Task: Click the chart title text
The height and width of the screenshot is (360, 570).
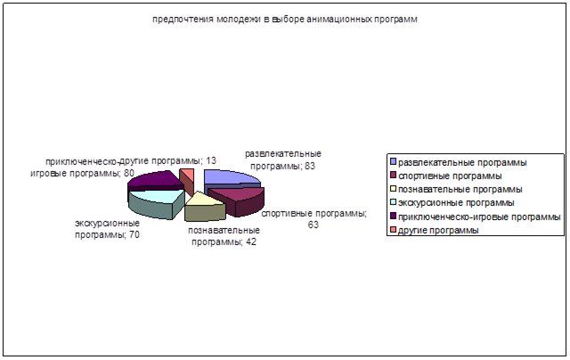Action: point(285,20)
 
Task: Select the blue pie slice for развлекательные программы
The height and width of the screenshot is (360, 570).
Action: point(229,179)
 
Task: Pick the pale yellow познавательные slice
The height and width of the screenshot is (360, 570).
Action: point(204,207)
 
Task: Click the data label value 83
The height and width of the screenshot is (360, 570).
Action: point(310,166)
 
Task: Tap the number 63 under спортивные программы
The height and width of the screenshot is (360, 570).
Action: point(313,225)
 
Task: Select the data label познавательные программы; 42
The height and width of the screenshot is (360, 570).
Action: point(224,236)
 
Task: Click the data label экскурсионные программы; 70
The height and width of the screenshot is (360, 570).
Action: point(107,229)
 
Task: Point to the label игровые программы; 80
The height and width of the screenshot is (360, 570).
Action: point(83,173)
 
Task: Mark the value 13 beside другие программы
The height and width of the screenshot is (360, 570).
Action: point(211,160)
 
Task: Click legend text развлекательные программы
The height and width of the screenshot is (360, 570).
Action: point(462,162)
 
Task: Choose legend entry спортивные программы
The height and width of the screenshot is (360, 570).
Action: point(450,176)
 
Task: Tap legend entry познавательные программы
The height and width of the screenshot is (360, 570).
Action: point(460,190)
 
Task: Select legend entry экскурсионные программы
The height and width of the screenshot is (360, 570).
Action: point(456,202)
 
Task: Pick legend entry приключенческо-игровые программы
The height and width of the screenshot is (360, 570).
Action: point(479,217)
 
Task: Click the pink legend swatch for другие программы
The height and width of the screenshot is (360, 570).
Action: point(393,230)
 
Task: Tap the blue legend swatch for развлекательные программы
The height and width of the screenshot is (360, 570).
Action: point(393,162)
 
